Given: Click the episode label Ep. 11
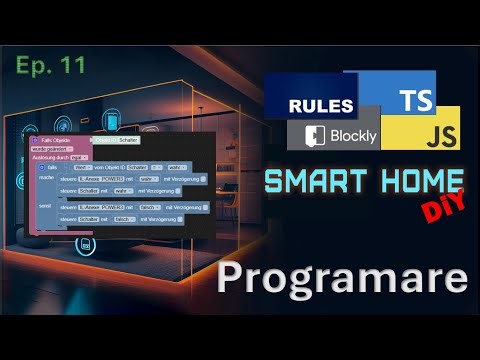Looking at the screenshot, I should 50,65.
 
